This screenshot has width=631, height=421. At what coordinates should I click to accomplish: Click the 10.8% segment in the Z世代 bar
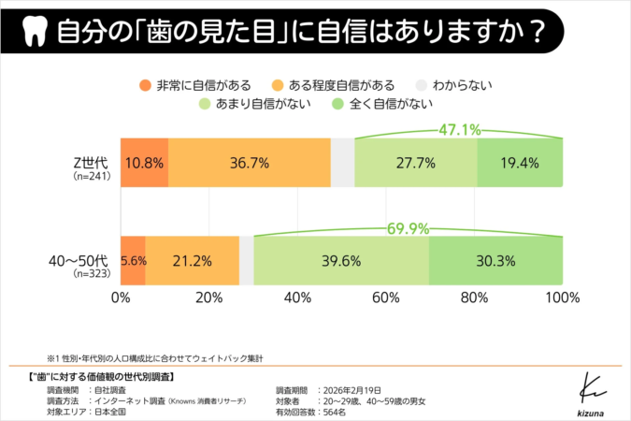tap(144, 163)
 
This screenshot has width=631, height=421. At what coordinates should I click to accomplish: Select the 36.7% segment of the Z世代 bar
tap(249, 163)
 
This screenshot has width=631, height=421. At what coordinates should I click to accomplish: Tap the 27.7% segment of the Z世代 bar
tap(416, 163)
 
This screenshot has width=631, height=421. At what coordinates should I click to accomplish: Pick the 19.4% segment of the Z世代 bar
tap(521, 163)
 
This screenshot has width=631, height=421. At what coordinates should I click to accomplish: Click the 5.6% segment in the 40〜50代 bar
tap(133, 260)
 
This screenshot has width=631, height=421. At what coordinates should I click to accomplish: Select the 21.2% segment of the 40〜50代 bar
tap(192, 260)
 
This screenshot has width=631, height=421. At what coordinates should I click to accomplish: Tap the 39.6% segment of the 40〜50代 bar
tap(341, 260)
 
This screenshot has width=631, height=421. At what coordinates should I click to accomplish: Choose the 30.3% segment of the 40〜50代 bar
tap(496, 260)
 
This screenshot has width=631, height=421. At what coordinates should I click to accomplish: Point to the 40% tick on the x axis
tap(297, 298)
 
